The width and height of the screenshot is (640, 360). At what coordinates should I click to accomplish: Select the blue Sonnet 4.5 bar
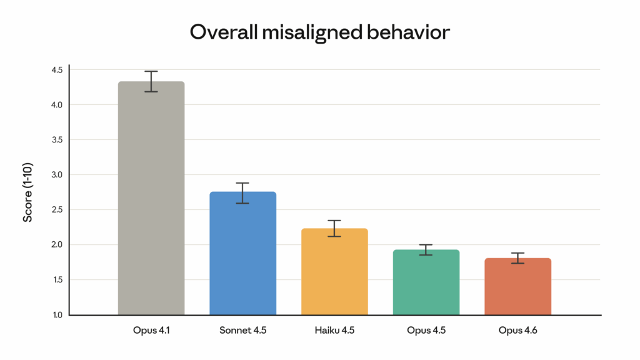(x=242, y=253)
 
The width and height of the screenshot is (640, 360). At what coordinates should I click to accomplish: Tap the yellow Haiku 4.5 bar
(x=334, y=271)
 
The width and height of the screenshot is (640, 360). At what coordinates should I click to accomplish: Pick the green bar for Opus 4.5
(x=426, y=282)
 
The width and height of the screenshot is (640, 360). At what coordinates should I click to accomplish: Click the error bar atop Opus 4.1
(x=151, y=81)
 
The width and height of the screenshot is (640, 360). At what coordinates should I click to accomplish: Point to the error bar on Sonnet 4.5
(x=242, y=193)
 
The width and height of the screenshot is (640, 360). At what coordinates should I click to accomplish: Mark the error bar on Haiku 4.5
(x=334, y=229)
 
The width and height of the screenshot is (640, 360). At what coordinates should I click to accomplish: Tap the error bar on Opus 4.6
(x=517, y=258)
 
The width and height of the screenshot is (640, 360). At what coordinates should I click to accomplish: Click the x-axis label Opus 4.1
(x=151, y=331)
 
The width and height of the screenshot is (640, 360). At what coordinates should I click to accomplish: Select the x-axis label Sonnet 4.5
(x=242, y=331)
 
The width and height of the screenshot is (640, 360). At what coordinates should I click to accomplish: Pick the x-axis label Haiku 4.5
(x=334, y=331)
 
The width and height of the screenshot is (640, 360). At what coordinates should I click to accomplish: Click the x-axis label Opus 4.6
(x=517, y=331)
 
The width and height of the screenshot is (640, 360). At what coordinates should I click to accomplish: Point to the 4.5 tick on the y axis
(x=57, y=70)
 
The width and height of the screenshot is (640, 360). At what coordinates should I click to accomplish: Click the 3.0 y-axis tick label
(x=57, y=175)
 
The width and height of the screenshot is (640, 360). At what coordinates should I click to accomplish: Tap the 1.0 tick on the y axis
(x=57, y=315)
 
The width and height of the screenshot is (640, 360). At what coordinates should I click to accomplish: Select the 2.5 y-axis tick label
(x=57, y=210)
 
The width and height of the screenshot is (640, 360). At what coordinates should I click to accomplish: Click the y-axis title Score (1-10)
(x=28, y=192)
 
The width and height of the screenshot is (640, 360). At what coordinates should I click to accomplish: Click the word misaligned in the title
(x=299, y=32)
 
